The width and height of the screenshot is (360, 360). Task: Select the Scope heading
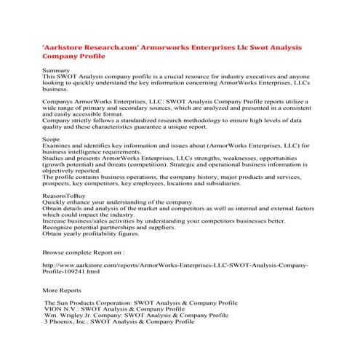coord(51,137)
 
